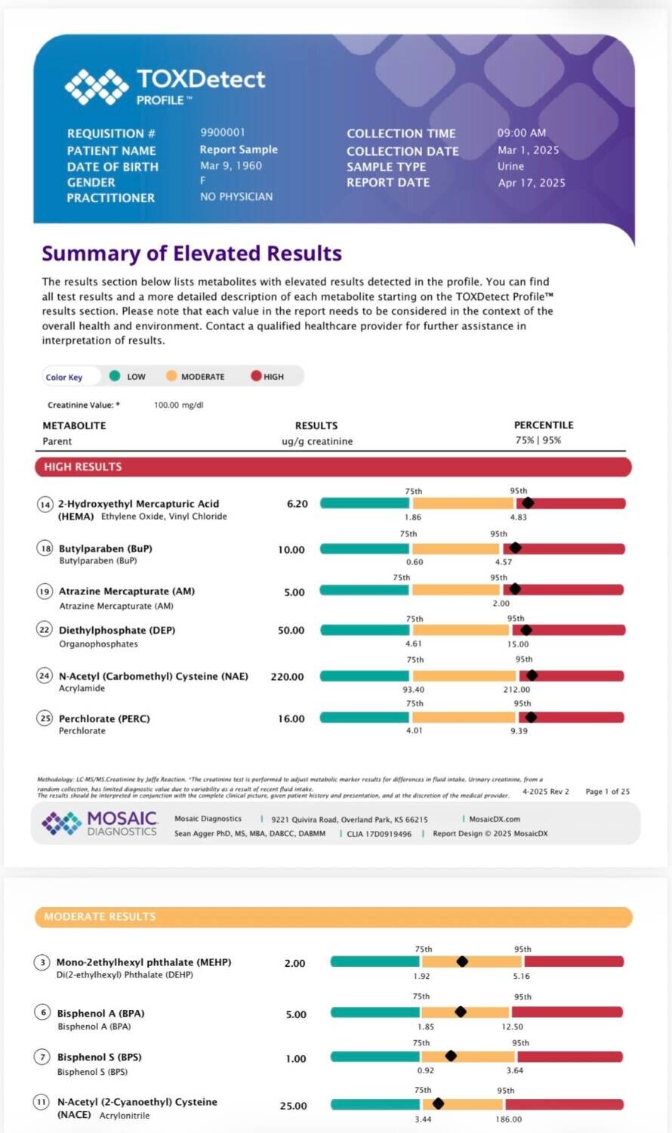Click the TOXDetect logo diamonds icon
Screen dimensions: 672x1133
(x=97, y=87)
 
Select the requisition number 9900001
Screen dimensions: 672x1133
(x=223, y=132)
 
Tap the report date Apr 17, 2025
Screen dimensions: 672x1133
(x=532, y=183)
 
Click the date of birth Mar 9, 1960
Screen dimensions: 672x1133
(x=231, y=166)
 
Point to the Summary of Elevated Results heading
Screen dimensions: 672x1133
(x=192, y=253)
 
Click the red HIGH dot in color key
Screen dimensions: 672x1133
(x=257, y=376)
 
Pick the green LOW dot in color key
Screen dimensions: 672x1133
(x=115, y=376)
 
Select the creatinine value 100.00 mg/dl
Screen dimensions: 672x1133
(x=178, y=405)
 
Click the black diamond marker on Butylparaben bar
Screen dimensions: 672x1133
(x=515, y=548)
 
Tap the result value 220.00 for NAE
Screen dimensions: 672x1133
(x=287, y=677)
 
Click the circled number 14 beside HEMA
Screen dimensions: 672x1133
(x=45, y=505)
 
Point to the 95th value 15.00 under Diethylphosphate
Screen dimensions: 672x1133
(x=518, y=644)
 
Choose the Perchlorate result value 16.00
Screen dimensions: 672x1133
(x=291, y=719)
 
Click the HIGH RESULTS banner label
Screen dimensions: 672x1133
(x=83, y=467)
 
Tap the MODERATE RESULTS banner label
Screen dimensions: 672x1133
(x=100, y=916)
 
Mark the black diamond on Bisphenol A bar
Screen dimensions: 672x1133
(x=461, y=1011)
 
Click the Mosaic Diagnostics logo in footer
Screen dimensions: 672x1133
(x=100, y=823)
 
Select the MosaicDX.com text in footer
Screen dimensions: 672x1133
(x=495, y=819)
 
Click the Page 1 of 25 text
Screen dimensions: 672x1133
(x=607, y=792)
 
